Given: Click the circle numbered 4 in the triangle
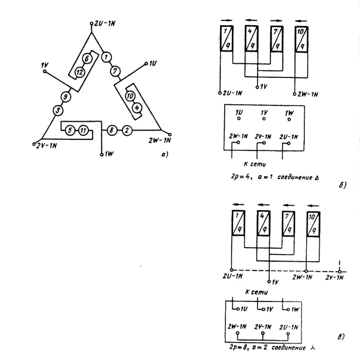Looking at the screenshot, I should (137, 107).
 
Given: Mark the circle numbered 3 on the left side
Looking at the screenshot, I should (58, 110).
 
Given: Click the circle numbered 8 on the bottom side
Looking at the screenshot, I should (113, 131).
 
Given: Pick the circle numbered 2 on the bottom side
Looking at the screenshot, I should (127, 131).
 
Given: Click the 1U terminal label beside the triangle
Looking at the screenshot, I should (153, 62).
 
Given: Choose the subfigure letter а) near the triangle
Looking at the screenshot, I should (166, 154).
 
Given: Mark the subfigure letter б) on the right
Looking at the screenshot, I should (342, 186).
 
